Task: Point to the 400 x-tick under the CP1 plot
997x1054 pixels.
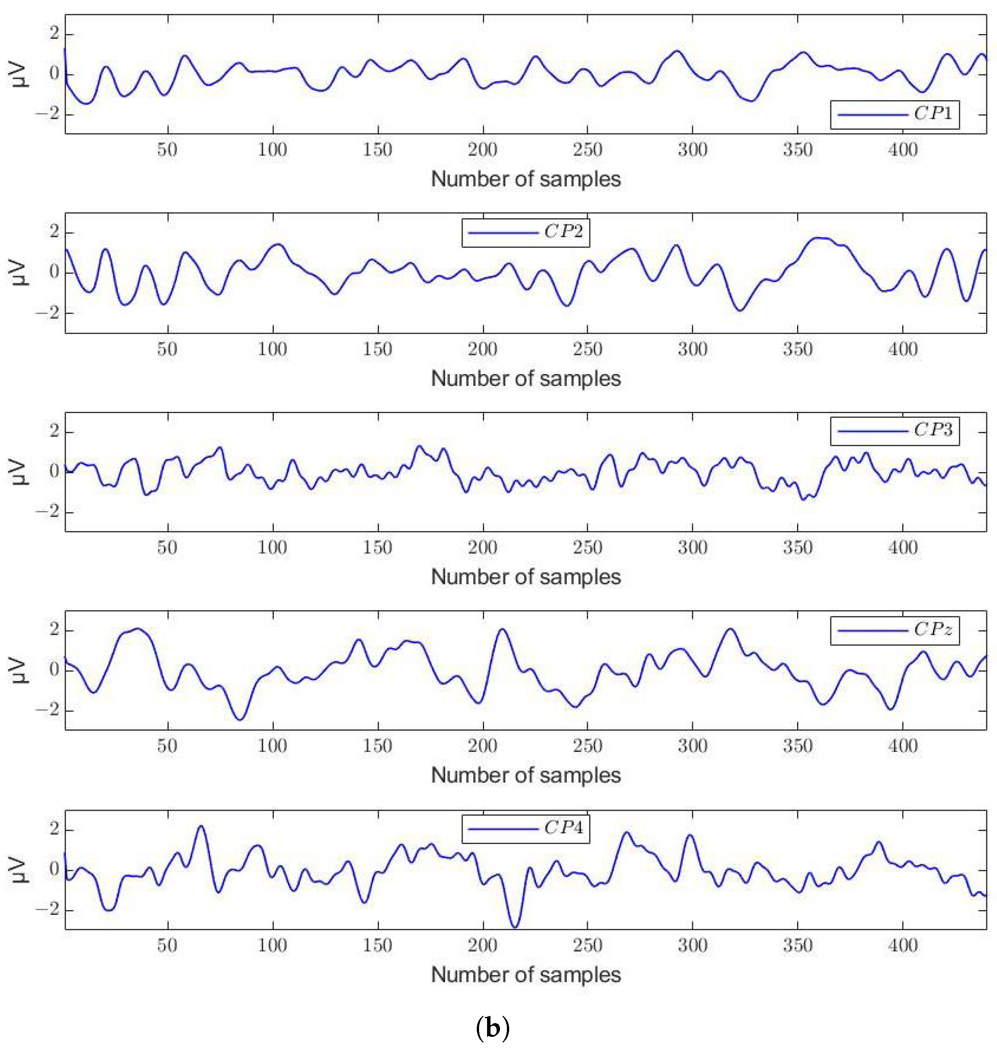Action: tap(902, 150)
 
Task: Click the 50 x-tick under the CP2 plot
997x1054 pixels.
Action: tap(167, 350)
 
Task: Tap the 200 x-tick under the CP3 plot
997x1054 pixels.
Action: tap(482, 548)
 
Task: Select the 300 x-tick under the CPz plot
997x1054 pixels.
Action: tap(692, 746)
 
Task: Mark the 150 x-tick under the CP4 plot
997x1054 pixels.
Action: tap(377, 946)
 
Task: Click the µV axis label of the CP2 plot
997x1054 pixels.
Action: tap(19, 273)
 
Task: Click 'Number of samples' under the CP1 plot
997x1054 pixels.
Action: tap(526, 179)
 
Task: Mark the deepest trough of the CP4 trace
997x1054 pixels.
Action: tap(514, 927)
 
